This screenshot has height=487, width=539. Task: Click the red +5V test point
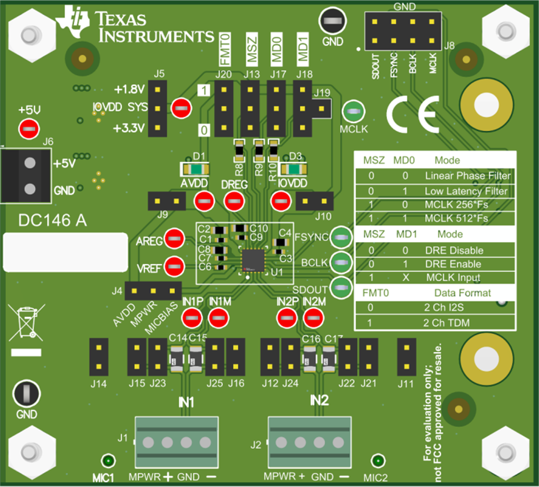[28, 129]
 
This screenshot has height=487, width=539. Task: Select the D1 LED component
[196, 170]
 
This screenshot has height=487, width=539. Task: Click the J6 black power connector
[26, 175]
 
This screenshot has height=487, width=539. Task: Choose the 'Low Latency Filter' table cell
[466, 191]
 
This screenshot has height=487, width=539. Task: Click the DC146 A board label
[52, 221]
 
